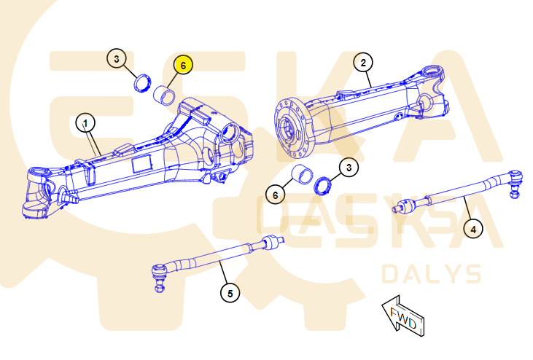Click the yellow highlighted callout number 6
point(183,65)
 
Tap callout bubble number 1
point(85,123)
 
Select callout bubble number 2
point(363,63)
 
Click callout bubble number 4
point(473,229)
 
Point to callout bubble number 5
point(230,293)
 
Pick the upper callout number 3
point(117,58)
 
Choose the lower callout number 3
point(349,167)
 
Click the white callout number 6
point(276,195)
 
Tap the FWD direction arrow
point(403,316)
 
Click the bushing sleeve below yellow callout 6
point(164,95)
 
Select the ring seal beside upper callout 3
point(141,83)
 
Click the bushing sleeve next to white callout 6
point(303,174)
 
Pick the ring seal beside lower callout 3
point(322,186)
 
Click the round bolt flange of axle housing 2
point(292,128)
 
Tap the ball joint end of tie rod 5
point(159,277)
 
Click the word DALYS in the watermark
point(432,274)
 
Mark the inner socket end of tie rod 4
point(405,206)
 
